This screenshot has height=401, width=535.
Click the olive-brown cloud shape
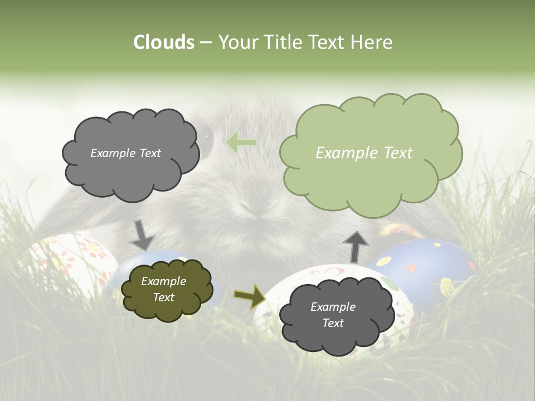point(167,289)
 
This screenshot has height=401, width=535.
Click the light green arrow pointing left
point(241,143)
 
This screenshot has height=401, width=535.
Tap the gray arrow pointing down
point(142,234)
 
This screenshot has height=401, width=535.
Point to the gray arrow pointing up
point(356,246)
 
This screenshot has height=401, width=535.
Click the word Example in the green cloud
point(342,153)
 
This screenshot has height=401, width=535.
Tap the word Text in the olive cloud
point(163,297)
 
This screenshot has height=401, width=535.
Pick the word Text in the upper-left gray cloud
point(149,153)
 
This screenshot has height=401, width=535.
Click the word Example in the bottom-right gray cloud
point(333,307)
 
